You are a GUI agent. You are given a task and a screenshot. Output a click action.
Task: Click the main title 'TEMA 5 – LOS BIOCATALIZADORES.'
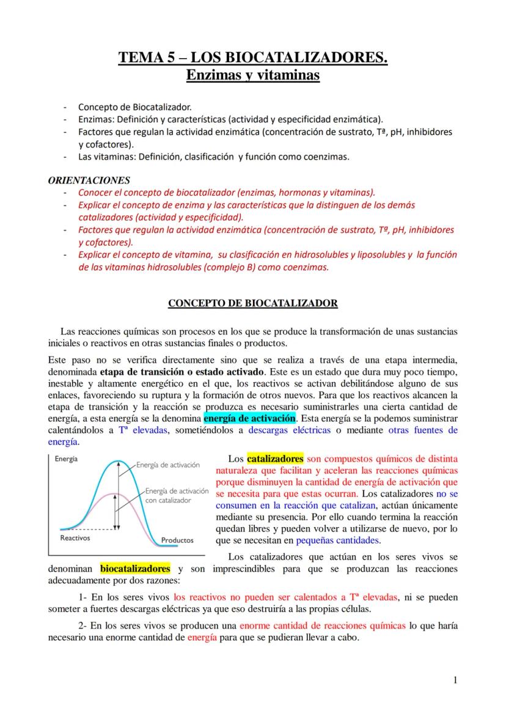[x=253, y=59]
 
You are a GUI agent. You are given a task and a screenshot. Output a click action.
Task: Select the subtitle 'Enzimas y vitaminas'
[x=253, y=76]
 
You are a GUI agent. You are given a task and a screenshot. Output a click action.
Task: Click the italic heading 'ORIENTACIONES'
[x=89, y=180]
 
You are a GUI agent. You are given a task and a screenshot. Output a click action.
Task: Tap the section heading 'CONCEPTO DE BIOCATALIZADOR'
[x=253, y=303]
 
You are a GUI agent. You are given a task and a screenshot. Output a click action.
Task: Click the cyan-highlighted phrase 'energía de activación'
[x=249, y=419]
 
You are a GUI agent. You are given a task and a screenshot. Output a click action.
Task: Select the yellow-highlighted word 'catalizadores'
[x=275, y=458]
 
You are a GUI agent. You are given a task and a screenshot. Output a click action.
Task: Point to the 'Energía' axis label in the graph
[x=66, y=460]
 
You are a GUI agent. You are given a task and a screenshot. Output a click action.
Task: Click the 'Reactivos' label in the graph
[x=75, y=538]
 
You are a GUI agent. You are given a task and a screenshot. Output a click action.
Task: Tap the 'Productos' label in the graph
[x=177, y=540]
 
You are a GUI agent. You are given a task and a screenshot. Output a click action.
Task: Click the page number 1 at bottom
[x=455, y=679]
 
